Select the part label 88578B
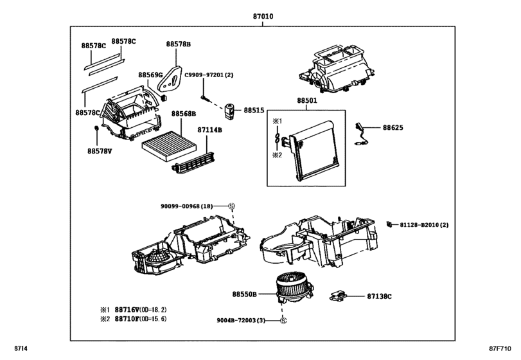tap(178, 44)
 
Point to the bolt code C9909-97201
tap(209, 75)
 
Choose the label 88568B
tap(183, 114)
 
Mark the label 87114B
tap(209, 130)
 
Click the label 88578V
tap(100, 151)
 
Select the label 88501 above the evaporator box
tap(307, 101)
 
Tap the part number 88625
tap(393, 128)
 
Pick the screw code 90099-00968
tap(186, 206)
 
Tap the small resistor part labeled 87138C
tap(338, 296)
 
